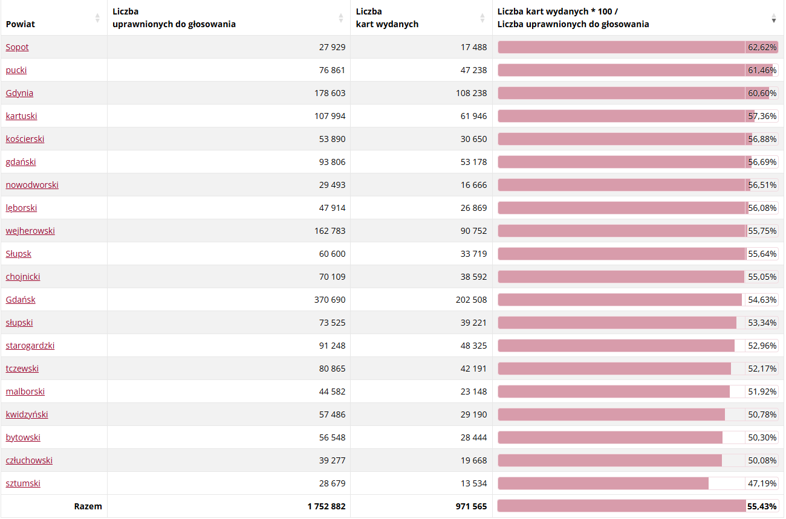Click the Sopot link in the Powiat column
tap(17, 47)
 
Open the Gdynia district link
tap(19, 93)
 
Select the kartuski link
tap(21, 116)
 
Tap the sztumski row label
tap(23, 483)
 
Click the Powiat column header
tap(21, 24)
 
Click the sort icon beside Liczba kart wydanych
tap(482, 18)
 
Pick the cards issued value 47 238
tap(473, 70)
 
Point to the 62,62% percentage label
tap(762, 47)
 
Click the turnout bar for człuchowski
tap(609, 460)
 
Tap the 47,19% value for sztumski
tap(762, 483)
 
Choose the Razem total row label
tap(88, 506)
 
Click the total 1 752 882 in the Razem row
tap(326, 506)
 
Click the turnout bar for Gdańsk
tap(620, 300)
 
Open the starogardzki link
tap(30, 346)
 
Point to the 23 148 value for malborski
tap(473, 392)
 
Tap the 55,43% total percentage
tap(762, 506)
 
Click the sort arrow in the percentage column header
tap(773, 18)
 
